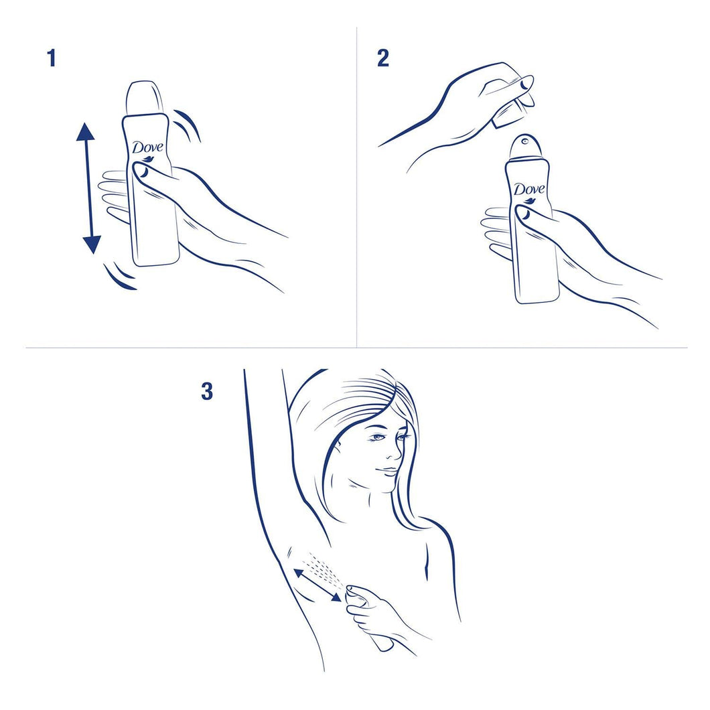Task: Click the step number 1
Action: tap(52, 59)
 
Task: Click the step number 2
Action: tap(382, 58)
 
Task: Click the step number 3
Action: tap(207, 391)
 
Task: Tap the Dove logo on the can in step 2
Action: tap(529, 190)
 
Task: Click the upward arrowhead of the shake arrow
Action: tap(86, 133)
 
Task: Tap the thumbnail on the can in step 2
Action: tap(522, 213)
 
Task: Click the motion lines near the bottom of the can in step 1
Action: tap(121, 277)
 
